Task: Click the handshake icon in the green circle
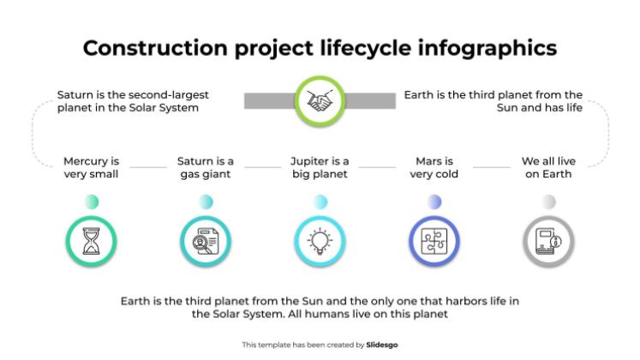[x=320, y=101]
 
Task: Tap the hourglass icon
[x=91, y=241]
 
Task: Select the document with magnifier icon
[x=206, y=241]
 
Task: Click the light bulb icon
[x=320, y=241]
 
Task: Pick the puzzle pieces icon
[x=434, y=241]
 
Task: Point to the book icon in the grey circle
[x=548, y=241]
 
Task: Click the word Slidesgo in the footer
[x=381, y=345]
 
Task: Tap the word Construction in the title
[x=155, y=48]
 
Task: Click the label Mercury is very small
[x=91, y=167]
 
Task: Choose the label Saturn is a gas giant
[x=206, y=167]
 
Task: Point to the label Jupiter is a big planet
[x=320, y=167]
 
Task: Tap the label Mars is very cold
[x=434, y=167]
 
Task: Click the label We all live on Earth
[x=548, y=167]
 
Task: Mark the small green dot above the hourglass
[x=92, y=201]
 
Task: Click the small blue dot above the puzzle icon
[x=434, y=201]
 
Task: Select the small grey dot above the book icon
[x=548, y=201]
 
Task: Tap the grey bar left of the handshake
[x=270, y=101]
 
